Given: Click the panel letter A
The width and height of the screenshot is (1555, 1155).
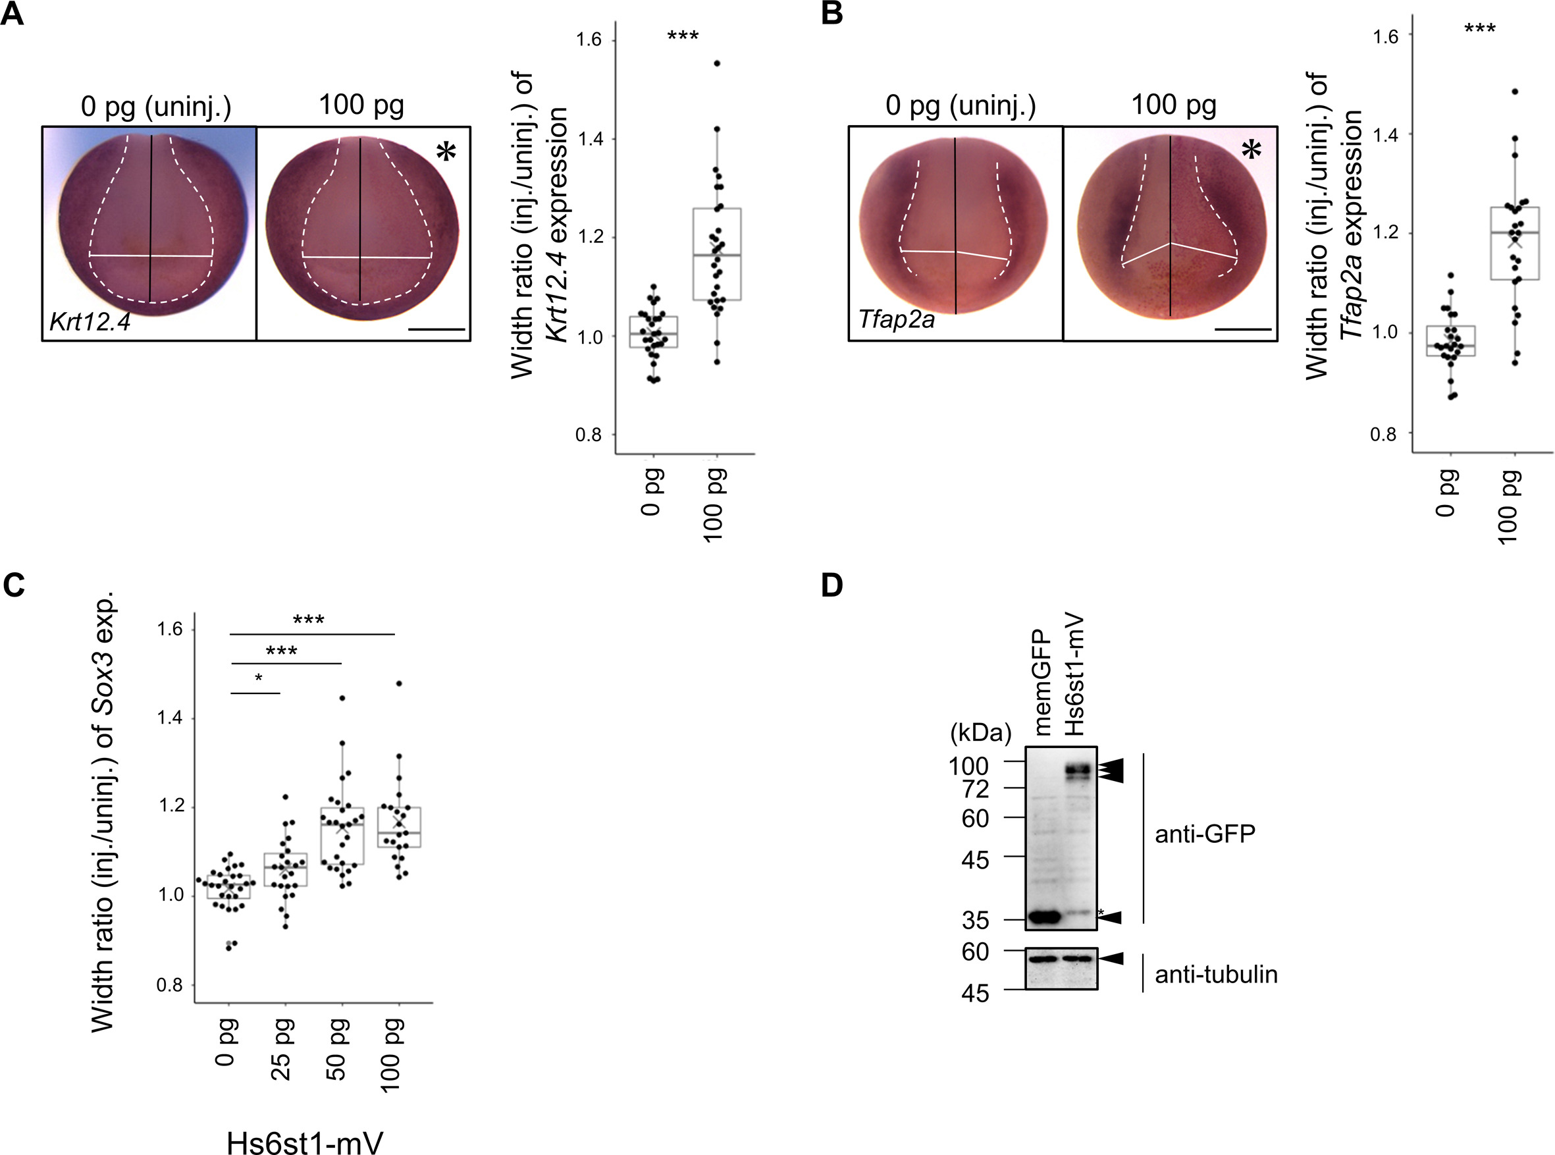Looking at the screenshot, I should [x=12, y=14].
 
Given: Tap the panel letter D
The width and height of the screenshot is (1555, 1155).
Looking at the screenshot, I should [x=831, y=586].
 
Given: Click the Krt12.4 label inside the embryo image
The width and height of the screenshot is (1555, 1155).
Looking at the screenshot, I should [x=90, y=322].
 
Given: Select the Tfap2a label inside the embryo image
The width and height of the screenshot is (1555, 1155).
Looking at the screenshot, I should [x=896, y=320].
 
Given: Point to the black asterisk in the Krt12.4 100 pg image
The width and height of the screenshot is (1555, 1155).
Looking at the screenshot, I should [x=446, y=151].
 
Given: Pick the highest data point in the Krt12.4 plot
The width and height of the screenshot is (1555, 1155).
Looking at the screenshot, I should [x=716, y=64].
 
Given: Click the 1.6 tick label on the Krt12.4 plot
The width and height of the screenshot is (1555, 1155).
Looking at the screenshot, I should [x=589, y=40].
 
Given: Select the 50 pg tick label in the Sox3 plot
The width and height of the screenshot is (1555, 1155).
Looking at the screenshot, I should [x=337, y=1050].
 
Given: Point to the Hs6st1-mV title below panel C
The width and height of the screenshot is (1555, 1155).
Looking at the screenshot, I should [x=305, y=1141].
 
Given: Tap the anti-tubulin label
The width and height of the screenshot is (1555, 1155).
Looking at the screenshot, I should [x=1216, y=974].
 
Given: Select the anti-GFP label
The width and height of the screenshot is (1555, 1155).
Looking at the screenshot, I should [x=1205, y=834].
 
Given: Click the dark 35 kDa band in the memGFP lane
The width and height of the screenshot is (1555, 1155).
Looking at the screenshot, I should [x=1044, y=917].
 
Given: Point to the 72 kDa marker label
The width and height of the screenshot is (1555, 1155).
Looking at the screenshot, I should [x=976, y=790].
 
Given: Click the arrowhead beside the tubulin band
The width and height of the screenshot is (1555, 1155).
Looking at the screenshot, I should [x=1111, y=959].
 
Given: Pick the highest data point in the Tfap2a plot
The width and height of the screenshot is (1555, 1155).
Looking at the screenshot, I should [x=1515, y=92].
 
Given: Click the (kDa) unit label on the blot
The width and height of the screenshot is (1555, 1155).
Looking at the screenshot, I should [x=980, y=734].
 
